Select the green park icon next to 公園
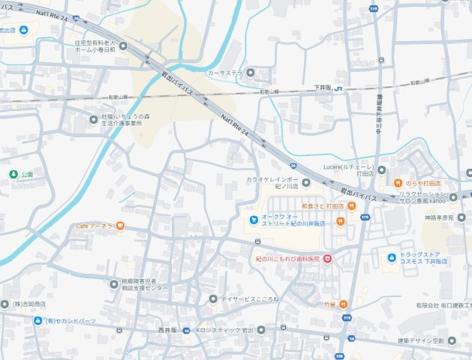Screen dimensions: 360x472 pyautogui.click(x=13, y=174)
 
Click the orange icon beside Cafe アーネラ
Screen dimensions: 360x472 pyautogui.click(x=121, y=226)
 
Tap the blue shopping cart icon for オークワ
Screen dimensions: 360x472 pyautogui.click(x=254, y=219)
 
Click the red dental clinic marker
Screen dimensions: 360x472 pyautogui.click(x=327, y=259)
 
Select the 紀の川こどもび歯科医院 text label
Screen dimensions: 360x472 pyautogui.click(x=287, y=259)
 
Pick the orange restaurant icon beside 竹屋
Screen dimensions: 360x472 pyautogui.click(x=343, y=304)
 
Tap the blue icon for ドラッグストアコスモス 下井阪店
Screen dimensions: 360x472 pyautogui.click(x=390, y=259)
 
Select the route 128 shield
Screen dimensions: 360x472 pyautogui.click(x=340, y=355)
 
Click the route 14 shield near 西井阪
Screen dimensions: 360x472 pyautogui.click(x=185, y=330)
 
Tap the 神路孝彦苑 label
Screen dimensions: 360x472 pyautogui.click(x=439, y=217)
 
